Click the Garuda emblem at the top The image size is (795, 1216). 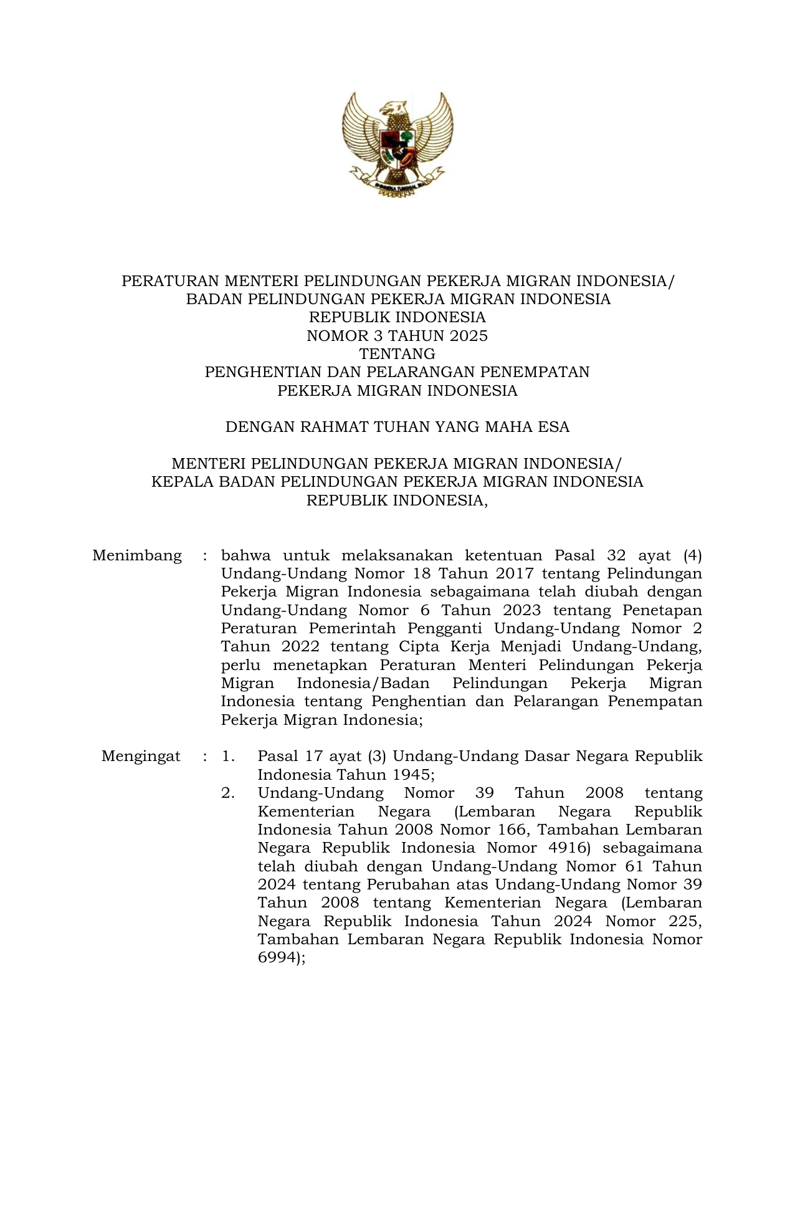coord(397,145)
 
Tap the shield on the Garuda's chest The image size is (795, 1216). coord(397,145)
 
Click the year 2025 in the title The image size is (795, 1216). coord(469,336)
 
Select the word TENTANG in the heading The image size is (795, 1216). coord(397,354)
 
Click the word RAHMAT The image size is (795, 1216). coord(335,427)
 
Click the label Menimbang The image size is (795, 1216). coord(137,555)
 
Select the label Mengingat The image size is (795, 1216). coord(141,757)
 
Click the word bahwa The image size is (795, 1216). coord(246,555)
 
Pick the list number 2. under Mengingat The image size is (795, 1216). coord(228,793)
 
